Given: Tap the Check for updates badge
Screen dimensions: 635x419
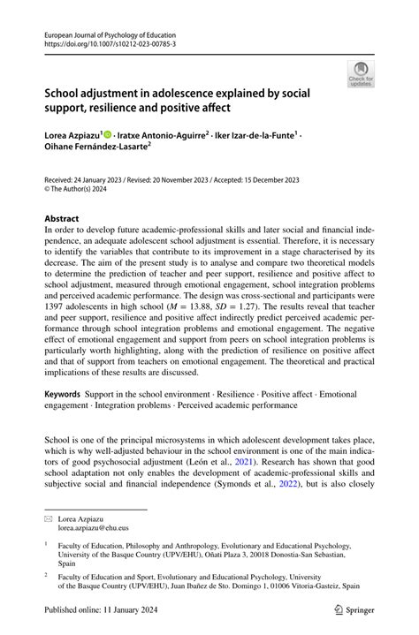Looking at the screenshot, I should tap(361, 75).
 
